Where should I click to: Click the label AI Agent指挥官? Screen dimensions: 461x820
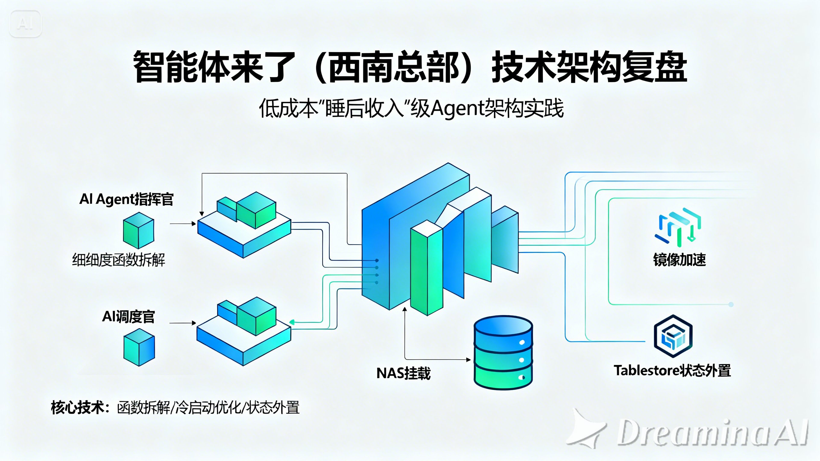[x=126, y=199]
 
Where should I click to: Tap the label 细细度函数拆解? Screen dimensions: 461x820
[x=119, y=260]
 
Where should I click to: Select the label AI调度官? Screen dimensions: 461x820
[x=128, y=317]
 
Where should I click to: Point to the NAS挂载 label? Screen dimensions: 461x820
[x=403, y=373]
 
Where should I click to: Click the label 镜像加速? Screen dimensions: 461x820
[x=679, y=260]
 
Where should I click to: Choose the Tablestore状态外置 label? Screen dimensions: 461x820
[x=672, y=371]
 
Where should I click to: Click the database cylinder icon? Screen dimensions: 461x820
[x=503, y=352]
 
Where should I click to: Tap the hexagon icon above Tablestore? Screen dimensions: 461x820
[x=673, y=336]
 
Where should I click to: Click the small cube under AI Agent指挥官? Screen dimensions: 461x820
[x=139, y=230]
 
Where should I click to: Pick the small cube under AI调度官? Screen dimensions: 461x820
[x=139, y=347]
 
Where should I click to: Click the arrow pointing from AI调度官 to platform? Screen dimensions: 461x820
[x=183, y=323]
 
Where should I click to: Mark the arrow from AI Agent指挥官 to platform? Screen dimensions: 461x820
[x=183, y=223]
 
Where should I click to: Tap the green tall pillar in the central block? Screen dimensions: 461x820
[x=427, y=269]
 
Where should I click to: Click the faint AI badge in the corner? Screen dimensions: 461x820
[x=26, y=24]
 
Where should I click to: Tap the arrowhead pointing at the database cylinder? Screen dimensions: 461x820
[x=468, y=360]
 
